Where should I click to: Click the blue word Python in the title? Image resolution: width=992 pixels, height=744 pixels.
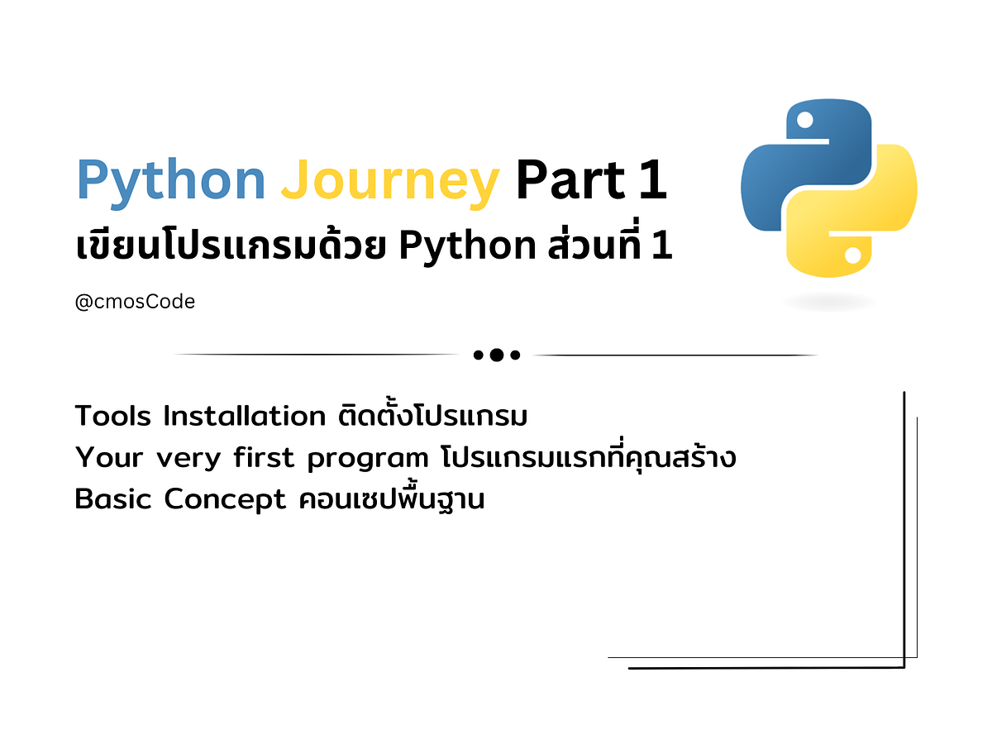170,181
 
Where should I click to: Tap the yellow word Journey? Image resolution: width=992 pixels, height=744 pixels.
389,181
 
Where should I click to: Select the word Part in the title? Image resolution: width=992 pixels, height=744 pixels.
571,181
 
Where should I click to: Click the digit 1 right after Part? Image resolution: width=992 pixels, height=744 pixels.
652,181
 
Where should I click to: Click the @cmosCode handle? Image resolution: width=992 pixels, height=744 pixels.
135,303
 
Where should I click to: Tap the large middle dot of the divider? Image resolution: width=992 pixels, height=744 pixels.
496,355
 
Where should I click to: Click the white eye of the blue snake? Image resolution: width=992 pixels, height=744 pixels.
802,122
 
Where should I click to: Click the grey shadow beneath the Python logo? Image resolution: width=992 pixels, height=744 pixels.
829,303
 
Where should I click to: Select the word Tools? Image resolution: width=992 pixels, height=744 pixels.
113,416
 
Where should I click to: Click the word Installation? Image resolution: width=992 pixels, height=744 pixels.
244,416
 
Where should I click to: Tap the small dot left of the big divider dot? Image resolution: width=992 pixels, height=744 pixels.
478,355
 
